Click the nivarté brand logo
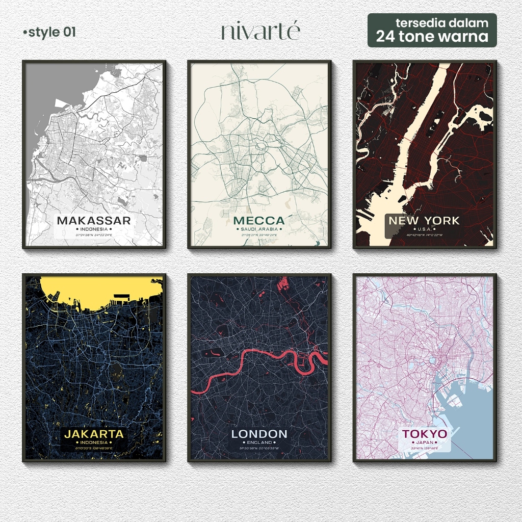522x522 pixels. coord(260,32)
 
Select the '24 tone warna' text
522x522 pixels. coord(432,37)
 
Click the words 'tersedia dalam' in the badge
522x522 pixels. coord(441,22)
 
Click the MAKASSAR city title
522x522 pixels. coord(94,221)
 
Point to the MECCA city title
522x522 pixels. coord(259,221)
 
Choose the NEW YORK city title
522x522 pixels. coord(424,221)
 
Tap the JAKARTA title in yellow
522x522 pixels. coord(94,434)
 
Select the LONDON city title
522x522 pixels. coord(259,434)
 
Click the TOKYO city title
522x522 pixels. coord(424,434)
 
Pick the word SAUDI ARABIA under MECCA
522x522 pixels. coord(259,229)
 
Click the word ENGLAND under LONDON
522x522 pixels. coord(259,442)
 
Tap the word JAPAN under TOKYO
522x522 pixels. coord(424,442)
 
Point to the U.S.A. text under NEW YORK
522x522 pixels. coord(424,229)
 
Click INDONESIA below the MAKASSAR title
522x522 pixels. coord(94,229)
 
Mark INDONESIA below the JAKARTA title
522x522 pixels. coord(94,442)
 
